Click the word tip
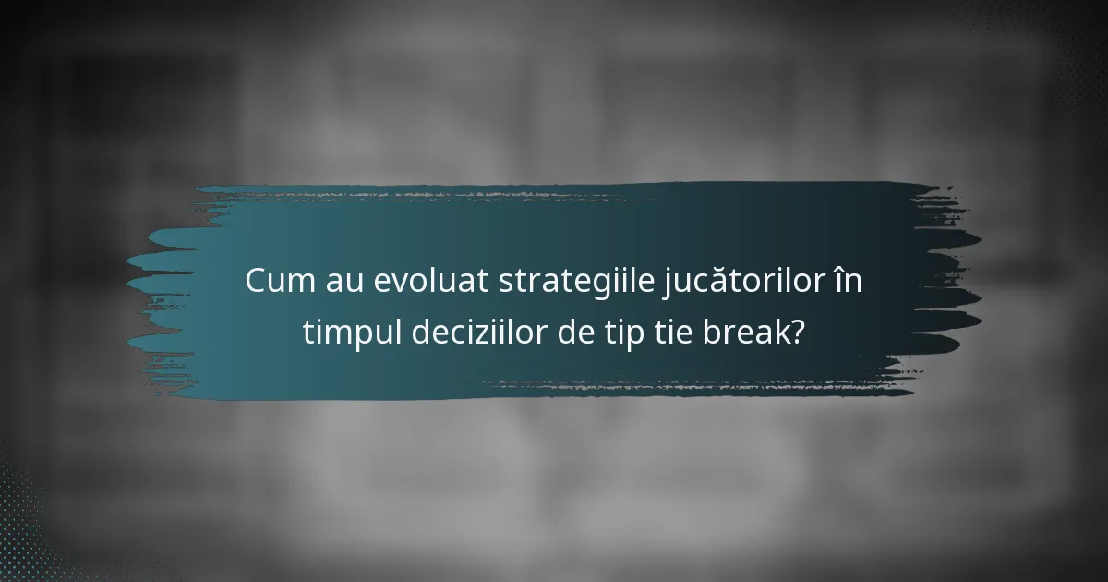[625, 332]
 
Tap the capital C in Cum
[256, 282]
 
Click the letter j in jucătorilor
[665, 285]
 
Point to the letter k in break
[777, 331]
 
